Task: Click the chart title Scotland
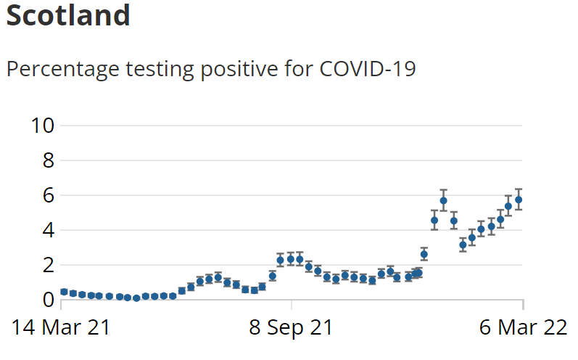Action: [x=68, y=15]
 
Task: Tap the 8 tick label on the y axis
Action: [x=49, y=160]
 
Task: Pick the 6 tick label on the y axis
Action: [x=49, y=195]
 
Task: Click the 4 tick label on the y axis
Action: [x=49, y=230]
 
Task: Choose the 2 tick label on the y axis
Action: [x=49, y=265]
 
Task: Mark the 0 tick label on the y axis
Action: [x=49, y=299]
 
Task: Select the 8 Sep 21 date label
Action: [x=291, y=328]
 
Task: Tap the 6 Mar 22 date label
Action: [x=522, y=328]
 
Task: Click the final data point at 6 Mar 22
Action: [x=519, y=200]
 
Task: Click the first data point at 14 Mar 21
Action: [x=64, y=292]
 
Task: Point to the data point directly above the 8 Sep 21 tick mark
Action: [x=290, y=258]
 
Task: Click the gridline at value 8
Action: [x=290, y=160]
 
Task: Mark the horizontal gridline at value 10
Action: [x=290, y=126]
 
